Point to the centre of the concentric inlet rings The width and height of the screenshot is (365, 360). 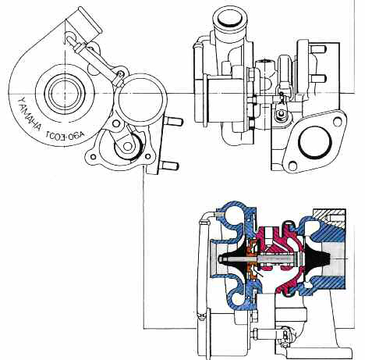[58, 93]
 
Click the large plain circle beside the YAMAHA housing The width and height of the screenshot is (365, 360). [140, 97]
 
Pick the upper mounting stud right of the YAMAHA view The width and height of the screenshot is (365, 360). [172, 121]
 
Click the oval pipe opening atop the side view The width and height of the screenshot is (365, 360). [232, 16]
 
